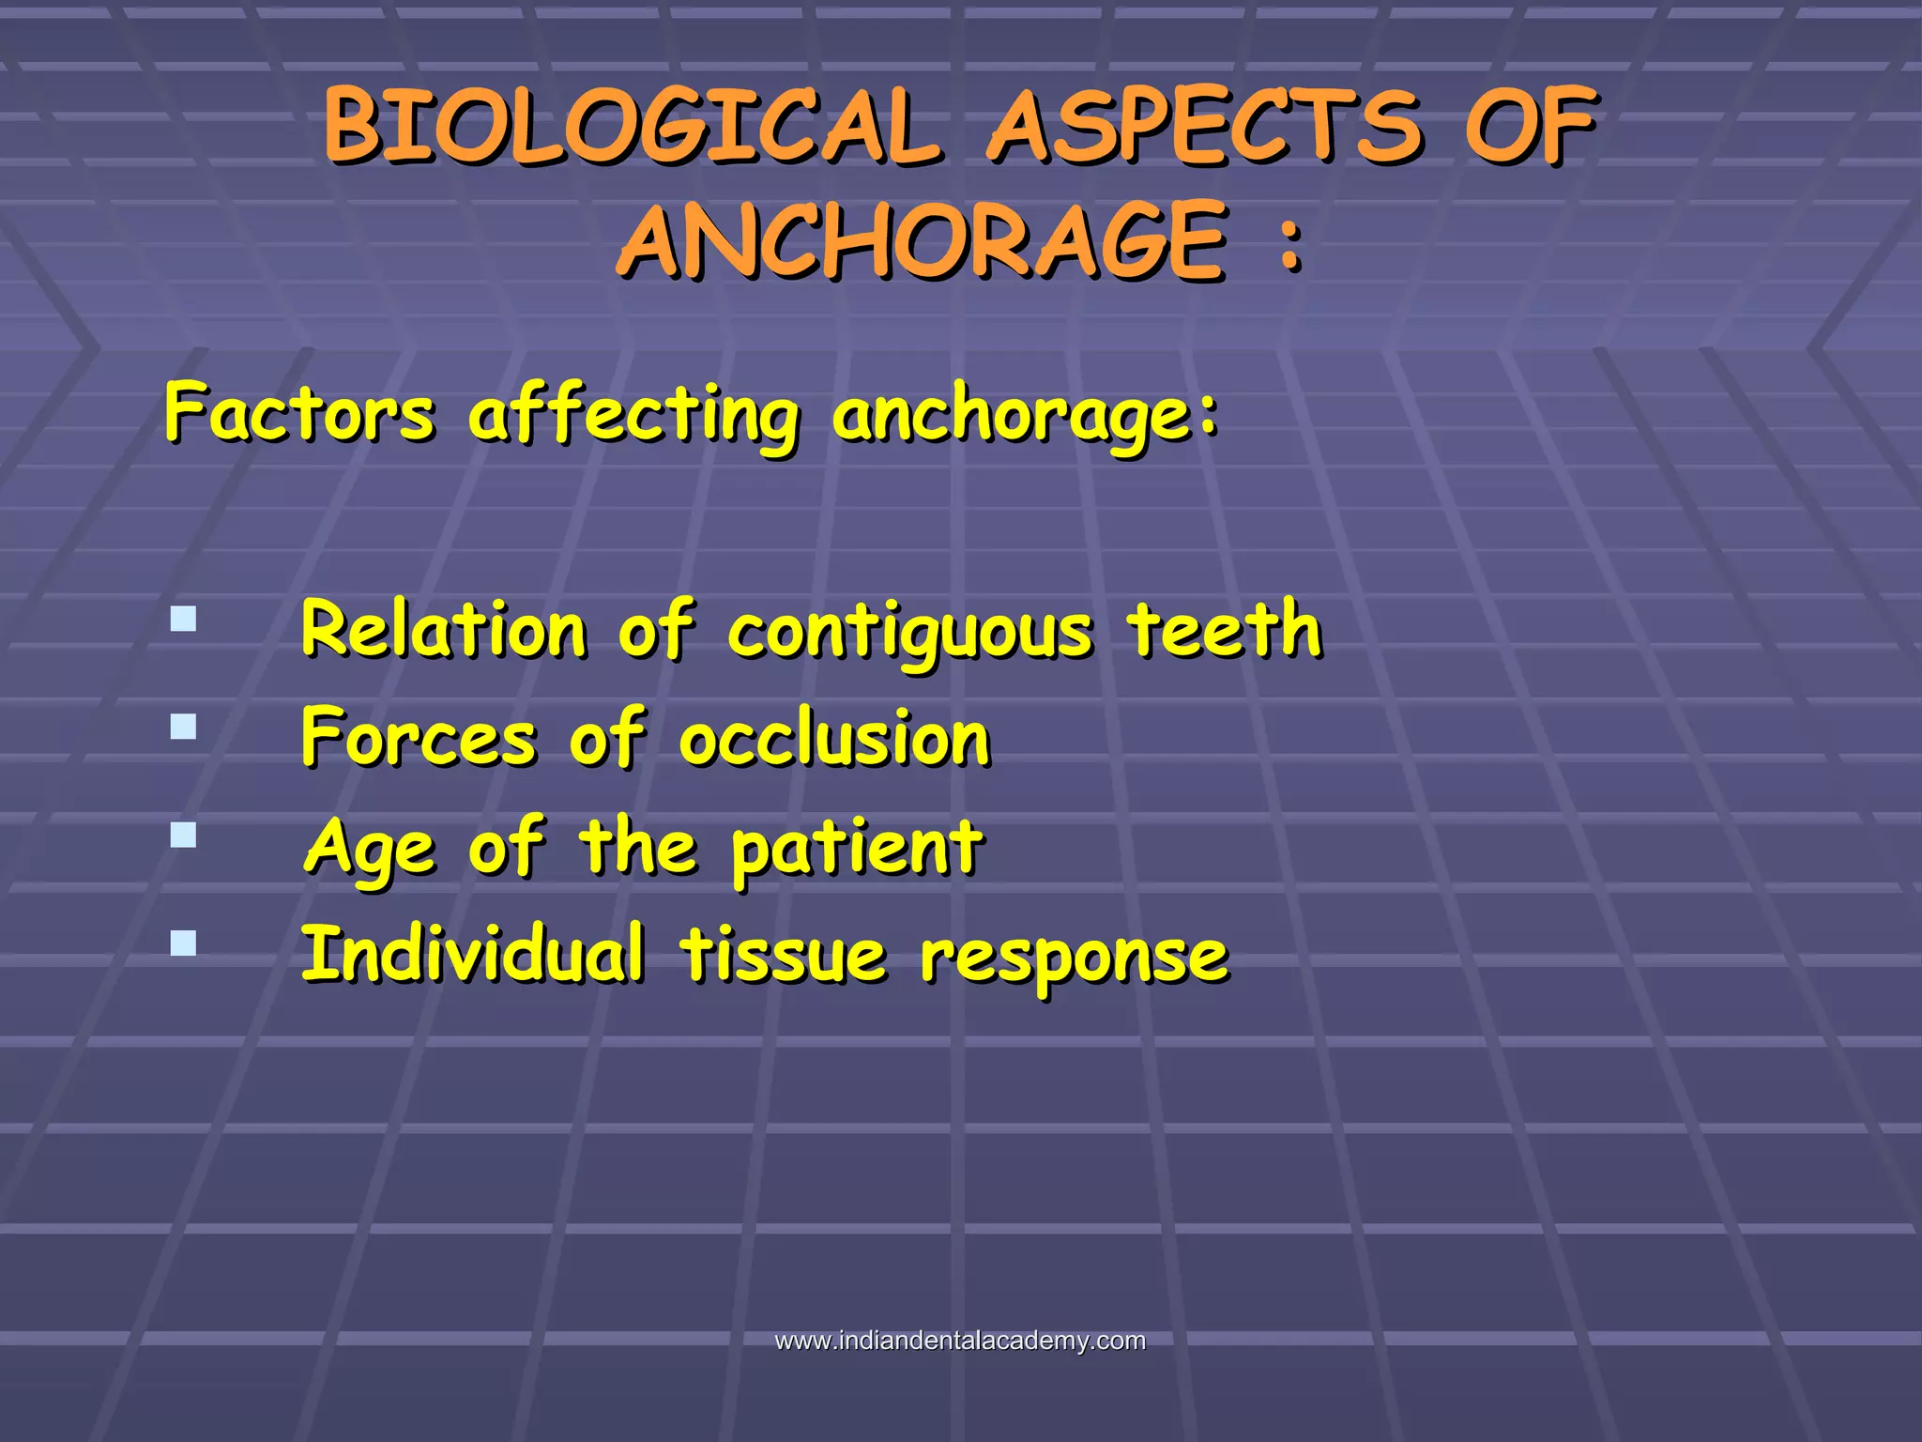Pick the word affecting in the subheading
click(x=633, y=416)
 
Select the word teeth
click(x=1225, y=629)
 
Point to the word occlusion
click(x=834, y=739)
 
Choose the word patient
click(x=857, y=850)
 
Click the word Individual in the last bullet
click(x=473, y=955)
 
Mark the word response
click(x=1074, y=959)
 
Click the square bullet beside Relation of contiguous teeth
click(x=184, y=619)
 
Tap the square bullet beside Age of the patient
click(x=184, y=835)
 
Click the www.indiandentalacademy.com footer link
click(x=960, y=1341)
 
